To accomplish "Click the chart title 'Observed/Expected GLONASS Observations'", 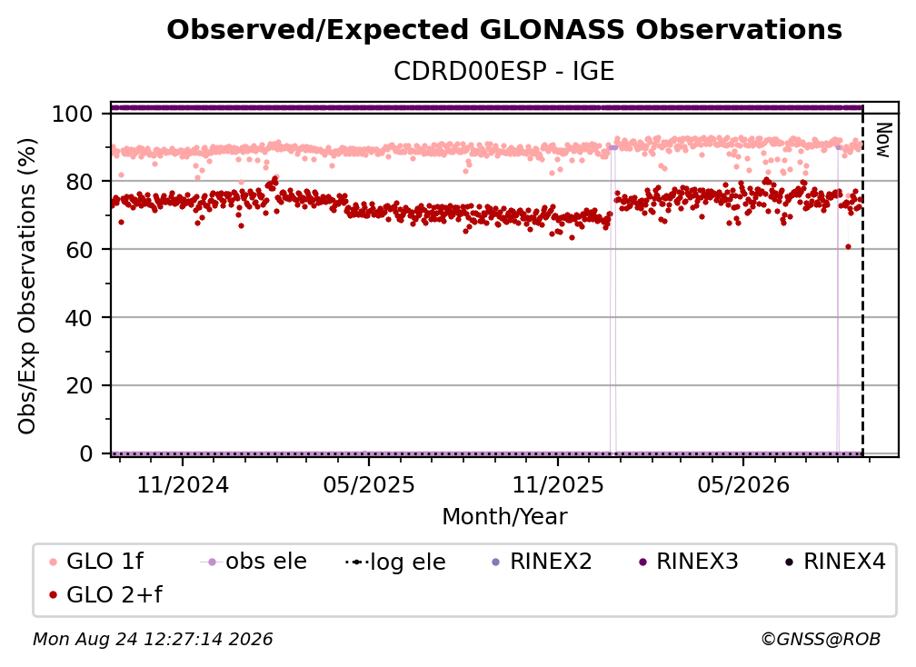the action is [x=504, y=30].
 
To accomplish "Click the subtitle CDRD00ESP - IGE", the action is [x=504, y=71].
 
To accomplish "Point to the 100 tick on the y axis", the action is [x=72, y=114].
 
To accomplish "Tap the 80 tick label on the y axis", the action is [x=79, y=182].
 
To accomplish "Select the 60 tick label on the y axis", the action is [x=79, y=249].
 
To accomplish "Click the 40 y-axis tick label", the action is [x=79, y=318].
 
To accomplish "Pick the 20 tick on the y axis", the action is [x=79, y=385].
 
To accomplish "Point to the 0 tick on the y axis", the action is [x=85, y=453].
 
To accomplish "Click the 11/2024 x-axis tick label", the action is [x=183, y=484].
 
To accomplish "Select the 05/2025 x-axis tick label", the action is [x=369, y=484].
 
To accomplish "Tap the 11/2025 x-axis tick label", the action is [x=558, y=484].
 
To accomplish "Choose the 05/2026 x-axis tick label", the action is [x=743, y=484].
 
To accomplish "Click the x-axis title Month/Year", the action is [x=504, y=517].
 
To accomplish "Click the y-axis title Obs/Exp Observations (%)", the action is [x=27, y=286].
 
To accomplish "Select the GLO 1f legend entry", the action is [x=96, y=562].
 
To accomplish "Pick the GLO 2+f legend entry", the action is [x=105, y=595].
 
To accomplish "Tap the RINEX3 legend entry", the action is [x=689, y=562].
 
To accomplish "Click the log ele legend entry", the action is [x=395, y=562].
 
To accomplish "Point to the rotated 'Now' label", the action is [x=883, y=140].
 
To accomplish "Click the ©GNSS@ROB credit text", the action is [x=821, y=640].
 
